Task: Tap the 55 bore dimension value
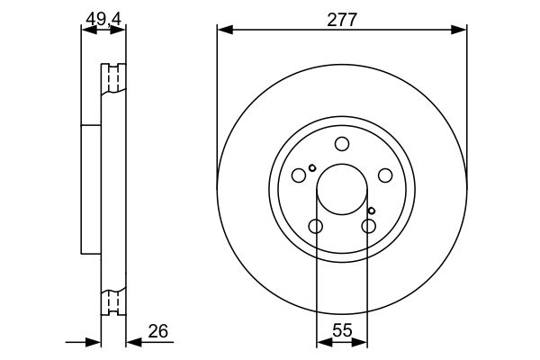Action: (342, 330)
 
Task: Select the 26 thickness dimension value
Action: (157, 330)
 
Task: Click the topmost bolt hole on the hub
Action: (342, 144)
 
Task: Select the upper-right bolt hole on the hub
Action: (384, 175)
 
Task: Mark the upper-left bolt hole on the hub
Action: (300, 175)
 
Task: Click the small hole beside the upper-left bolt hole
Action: (312, 167)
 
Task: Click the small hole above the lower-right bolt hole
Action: (371, 211)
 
